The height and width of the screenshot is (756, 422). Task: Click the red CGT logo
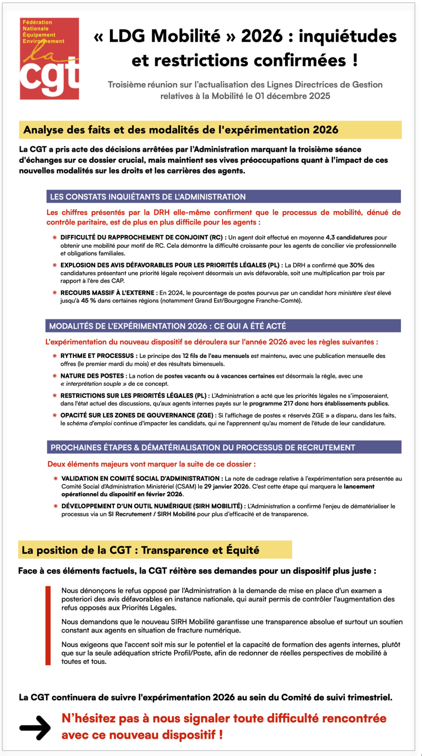click(49, 58)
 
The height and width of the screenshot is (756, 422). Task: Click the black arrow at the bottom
click(35, 727)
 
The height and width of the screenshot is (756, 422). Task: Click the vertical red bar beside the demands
click(48, 625)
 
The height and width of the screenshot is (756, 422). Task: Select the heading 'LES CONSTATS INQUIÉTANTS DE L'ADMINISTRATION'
click(148, 197)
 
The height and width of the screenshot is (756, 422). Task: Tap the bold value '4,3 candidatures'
click(349, 238)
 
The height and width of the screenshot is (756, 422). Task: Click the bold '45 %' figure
click(88, 301)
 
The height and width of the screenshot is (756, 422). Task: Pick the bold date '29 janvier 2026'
click(226, 486)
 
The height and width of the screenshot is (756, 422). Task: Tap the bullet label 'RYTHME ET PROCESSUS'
click(97, 356)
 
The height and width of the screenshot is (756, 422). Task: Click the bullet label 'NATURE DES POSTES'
click(92, 376)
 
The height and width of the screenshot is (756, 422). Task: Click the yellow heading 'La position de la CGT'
click(141, 550)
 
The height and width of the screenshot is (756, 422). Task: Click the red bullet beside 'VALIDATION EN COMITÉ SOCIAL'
click(56, 478)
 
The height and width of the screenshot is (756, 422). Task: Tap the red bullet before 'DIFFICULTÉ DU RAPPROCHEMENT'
click(55, 238)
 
